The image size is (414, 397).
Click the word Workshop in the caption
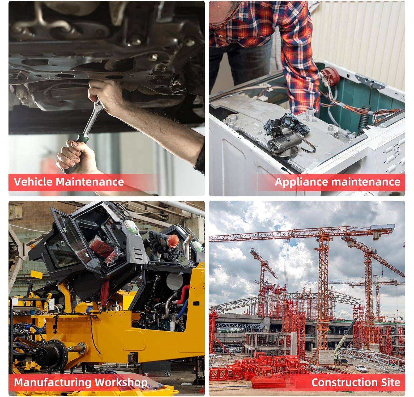pyautogui.click(x=121, y=383)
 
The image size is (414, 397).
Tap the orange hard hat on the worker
pyautogui.click(x=173, y=240)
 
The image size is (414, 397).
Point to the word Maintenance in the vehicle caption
pyautogui.click(x=90, y=182)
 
